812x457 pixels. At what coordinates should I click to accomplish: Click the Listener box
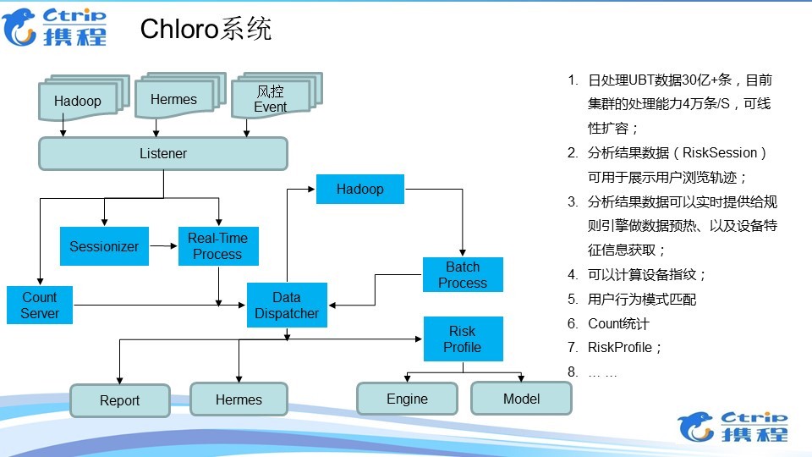click(x=163, y=153)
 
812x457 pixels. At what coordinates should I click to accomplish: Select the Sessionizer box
click(x=104, y=246)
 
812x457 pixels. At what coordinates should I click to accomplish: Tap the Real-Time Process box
click(x=218, y=246)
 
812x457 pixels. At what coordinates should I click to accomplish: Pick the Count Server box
click(x=40, y=306)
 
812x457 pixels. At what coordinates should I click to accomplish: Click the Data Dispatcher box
click(x=287, y=306)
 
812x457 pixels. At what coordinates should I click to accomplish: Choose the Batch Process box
click(x=463, y=274)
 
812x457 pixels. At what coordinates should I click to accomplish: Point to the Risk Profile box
click(x=463, y=339)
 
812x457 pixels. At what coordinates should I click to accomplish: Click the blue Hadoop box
click(x=360, y=189)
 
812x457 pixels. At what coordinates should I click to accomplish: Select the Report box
click(x=119, y=400)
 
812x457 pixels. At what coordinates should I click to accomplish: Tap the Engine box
click(x=407, y=399)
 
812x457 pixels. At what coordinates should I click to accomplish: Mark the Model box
click(x=522, y=399)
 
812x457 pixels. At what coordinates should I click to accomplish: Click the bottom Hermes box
click(x=239, y=399)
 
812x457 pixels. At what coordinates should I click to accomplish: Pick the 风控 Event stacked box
click(x=277, y=96)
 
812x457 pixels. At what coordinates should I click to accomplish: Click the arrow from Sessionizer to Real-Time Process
click(x=163, y=246)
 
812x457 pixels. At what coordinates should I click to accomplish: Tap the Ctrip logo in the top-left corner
click(x=54, y=26)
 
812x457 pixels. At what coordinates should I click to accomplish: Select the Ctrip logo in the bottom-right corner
click(x=732, y=427)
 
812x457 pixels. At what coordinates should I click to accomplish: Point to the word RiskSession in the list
click(x=719, y=153)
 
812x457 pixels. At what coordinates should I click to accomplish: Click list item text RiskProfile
click(x=619, y=347)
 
